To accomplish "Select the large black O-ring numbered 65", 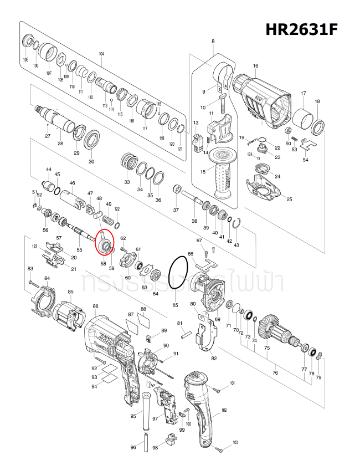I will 177,273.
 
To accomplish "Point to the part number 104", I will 101,54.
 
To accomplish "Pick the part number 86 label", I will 96,306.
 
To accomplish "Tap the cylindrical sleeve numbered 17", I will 303,119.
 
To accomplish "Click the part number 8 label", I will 213,42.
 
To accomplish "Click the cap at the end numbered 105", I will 25,43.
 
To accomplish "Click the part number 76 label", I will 275,373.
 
